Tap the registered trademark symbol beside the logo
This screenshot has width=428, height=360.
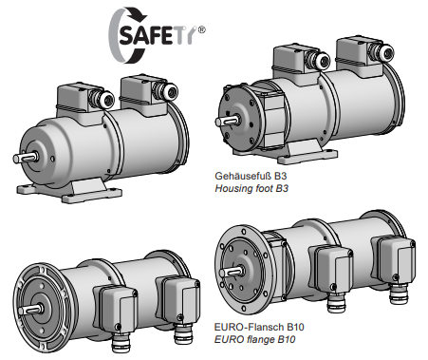point(201,29)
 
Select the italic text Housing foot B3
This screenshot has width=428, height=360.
point(251,188)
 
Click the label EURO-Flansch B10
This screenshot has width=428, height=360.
point(259,327)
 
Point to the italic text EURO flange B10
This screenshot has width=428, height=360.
point(254,339)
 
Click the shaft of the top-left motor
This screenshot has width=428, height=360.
point(24,158)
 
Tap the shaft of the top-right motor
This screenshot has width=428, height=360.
point(225,121)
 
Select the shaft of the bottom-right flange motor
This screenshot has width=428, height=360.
point(231,272)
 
